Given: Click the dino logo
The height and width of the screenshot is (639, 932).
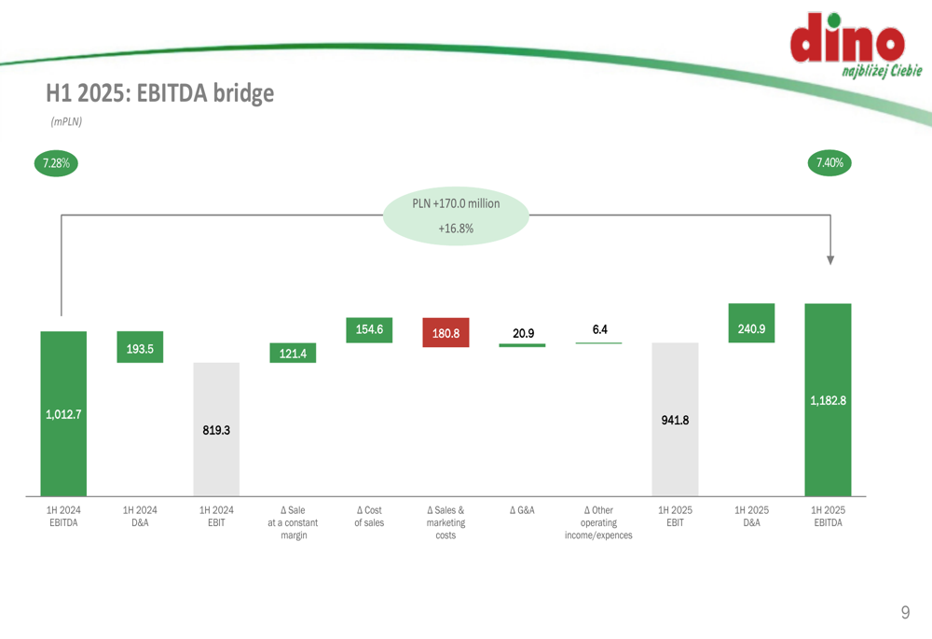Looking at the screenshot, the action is [855, 45].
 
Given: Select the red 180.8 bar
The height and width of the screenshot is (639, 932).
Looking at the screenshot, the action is [445, 333].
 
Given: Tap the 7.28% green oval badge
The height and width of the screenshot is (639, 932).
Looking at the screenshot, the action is [57, 163].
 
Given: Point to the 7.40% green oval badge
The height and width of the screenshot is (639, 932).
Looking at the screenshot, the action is [829, 162].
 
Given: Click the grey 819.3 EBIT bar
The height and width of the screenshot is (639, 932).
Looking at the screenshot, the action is [216, 429].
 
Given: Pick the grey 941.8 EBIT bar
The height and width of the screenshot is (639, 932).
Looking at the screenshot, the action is [675, 419].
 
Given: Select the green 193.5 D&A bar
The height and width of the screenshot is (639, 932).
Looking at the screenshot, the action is [140, 347].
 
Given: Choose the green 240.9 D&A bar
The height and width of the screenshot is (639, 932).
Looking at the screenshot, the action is [751, 323].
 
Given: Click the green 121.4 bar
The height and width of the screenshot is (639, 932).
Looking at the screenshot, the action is [293, 353].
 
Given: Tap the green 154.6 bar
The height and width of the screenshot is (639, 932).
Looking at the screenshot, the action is [369, 329].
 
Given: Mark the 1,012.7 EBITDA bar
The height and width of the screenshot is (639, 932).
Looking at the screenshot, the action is [63, 413].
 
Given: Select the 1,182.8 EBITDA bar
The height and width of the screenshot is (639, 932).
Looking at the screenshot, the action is [828, 400].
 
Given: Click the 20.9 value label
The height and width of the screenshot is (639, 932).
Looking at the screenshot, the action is [523, 333].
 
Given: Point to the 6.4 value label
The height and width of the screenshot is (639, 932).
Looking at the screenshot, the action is [599, 329].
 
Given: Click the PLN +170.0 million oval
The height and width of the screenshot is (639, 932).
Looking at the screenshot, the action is [456, 216].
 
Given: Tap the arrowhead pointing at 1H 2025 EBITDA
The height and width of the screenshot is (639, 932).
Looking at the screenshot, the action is [830, 260].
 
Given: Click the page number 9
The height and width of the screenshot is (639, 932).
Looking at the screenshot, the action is [905, 612].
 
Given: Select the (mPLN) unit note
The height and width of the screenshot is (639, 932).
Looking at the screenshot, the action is [66, 121].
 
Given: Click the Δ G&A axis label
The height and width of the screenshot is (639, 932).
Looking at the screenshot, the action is [523, 510].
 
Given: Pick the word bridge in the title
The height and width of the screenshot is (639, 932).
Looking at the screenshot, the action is [243, 93].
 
